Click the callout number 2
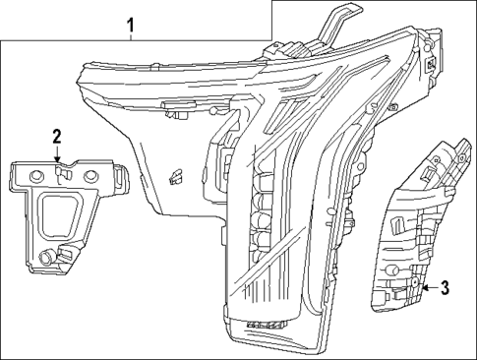(57, 136)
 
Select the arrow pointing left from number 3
(427, 287)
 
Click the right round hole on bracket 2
(90, 174)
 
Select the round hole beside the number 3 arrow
(415, 287)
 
